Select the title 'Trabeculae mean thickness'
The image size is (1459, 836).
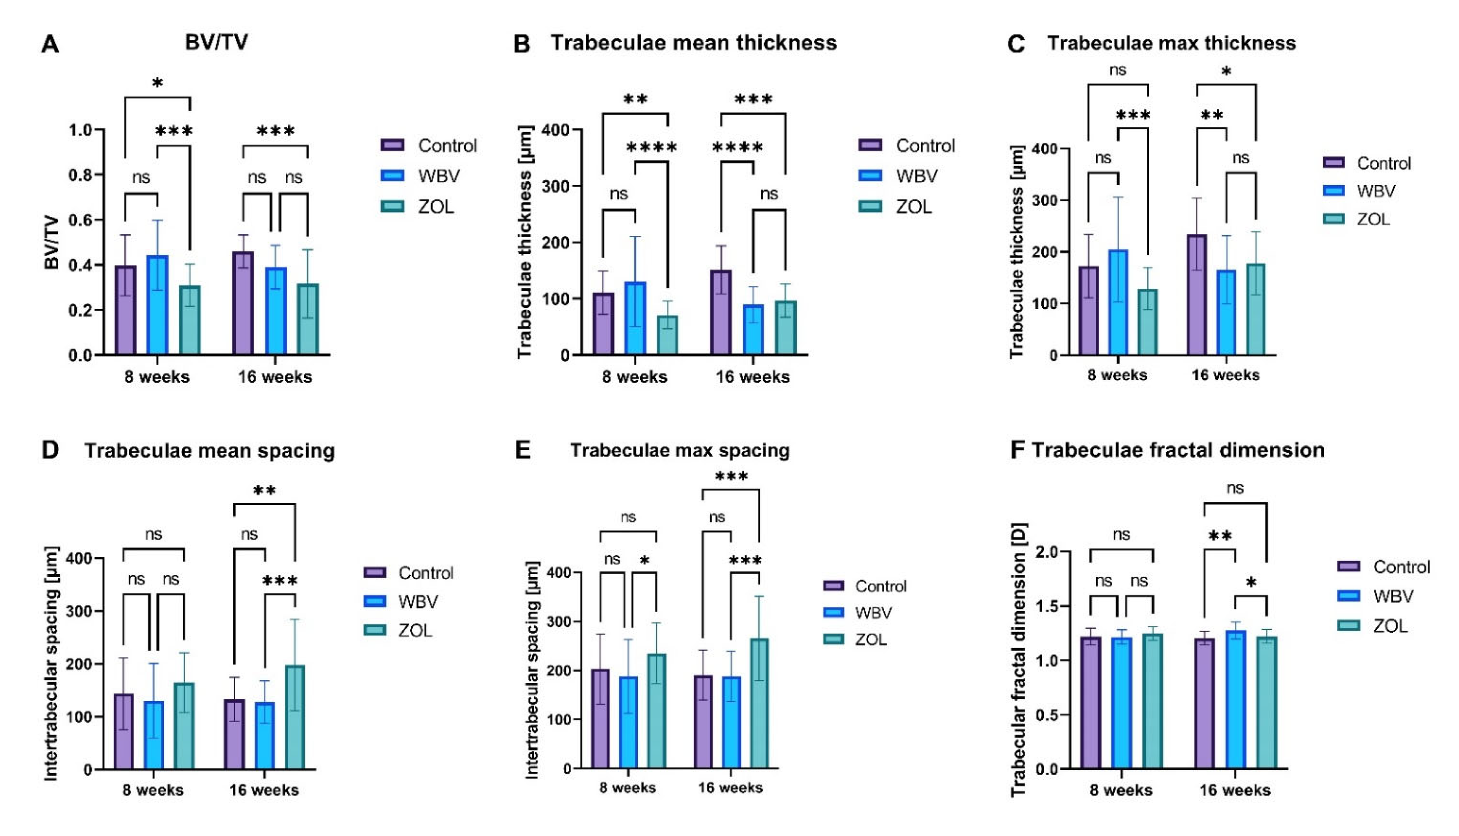(693, 42)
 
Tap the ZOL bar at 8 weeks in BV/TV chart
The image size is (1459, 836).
(189, 320)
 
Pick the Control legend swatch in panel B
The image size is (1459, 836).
(870, 145)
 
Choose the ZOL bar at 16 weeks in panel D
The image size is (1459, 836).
(295, 717)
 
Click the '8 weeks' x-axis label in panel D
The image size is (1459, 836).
(153, 790)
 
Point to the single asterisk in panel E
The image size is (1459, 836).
(644, 560)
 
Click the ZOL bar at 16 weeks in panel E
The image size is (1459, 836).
(759, 703)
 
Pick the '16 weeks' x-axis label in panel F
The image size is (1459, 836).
(1234, 790)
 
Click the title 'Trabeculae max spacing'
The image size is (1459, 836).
(680, 450)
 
